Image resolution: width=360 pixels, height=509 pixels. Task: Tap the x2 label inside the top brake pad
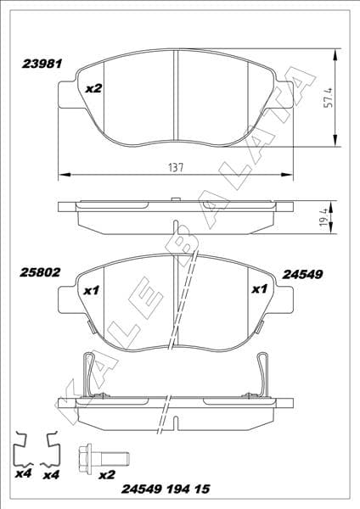(94, 87)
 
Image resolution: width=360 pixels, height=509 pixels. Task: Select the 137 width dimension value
(176, 166)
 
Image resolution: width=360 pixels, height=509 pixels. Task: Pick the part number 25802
(39, 273)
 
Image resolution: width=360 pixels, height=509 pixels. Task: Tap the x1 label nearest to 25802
(93, 291)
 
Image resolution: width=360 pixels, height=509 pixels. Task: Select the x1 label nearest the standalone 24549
(260, 290)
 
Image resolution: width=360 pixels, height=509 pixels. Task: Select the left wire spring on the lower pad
(88, 373)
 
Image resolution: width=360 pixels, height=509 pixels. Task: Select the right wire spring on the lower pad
(263, 373)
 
